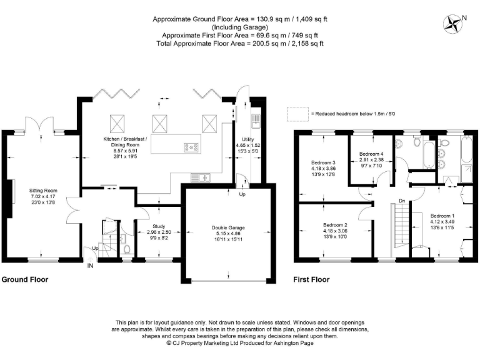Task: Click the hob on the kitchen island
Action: (x=191, y=147)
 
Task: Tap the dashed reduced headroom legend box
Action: (x=297, y=113)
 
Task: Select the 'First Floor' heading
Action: (x=311, y=279)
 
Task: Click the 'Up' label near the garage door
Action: (x=243, y=194)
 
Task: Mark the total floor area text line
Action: (x=240, y=44)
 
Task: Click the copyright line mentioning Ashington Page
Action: (x=240, y=342)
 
